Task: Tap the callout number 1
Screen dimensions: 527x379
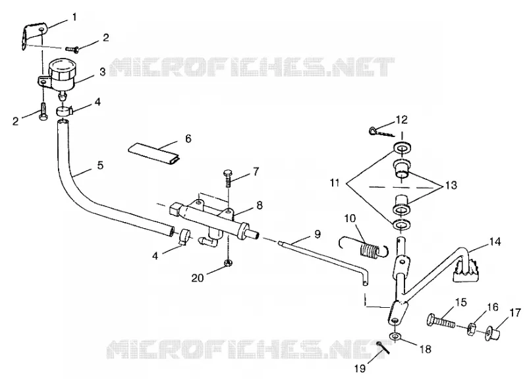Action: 74,17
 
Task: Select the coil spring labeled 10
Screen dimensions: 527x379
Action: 364,248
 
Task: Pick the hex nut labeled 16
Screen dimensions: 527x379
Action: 471,328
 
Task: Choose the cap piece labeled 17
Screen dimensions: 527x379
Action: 492,332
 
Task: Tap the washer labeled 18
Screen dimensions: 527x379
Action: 395,336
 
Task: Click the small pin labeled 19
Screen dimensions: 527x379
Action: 383,347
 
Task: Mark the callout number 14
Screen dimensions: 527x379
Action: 495,242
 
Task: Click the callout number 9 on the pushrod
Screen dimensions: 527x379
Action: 318,234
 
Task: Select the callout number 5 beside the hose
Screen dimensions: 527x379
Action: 100,165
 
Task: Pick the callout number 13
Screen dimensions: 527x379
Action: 451,185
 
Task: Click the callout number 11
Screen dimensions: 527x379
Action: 335,183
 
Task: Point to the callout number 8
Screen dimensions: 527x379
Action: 260,205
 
